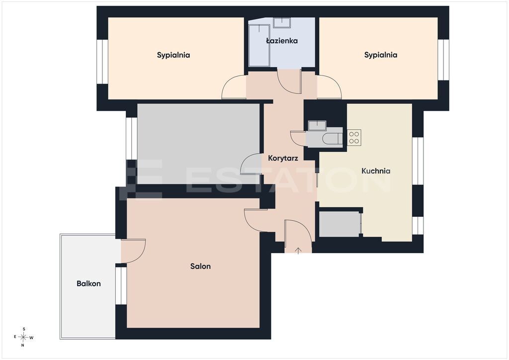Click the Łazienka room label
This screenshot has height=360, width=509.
click(282, 41)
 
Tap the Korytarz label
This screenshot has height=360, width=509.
click(283, 158)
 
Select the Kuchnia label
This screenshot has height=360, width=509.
click(376, 171)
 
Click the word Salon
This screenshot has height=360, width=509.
click(200, 266)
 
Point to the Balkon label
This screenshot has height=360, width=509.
click(88, 283)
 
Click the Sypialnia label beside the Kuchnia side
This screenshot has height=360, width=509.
click(381, 55)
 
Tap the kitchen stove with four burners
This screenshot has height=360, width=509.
click(354, 138)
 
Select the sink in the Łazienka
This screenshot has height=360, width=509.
click(281, 23)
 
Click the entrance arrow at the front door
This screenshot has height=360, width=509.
click(298, 250)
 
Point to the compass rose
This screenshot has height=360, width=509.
click(23, 337)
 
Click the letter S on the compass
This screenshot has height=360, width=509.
click(24, 329)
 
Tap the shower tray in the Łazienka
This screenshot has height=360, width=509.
click(259, 45)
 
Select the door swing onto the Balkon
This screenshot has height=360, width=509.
click(133, 251)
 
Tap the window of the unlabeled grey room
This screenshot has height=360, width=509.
click(131, 138)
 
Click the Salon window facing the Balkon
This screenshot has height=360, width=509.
click(121, 285)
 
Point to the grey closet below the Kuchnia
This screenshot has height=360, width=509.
click(339, 224)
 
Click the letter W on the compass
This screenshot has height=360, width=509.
click(31, 338)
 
